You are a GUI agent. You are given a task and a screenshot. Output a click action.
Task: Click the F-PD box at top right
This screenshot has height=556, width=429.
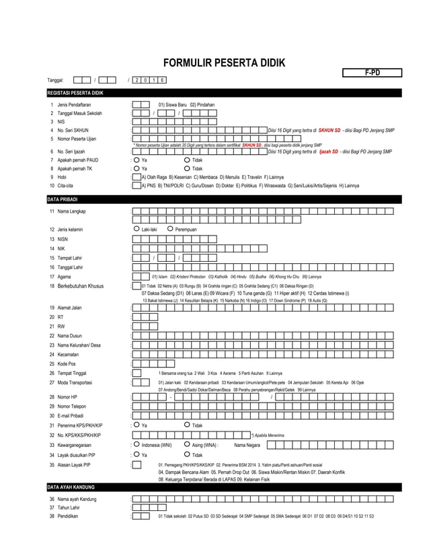[x=372, y=73]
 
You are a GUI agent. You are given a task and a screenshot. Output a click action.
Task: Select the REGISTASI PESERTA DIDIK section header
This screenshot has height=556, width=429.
[x=75, y=92]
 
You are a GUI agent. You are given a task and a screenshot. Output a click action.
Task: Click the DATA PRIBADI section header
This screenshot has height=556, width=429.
[x=63, y=200]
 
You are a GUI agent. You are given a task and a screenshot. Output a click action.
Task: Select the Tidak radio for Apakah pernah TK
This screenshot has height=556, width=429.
[x=187, y=168]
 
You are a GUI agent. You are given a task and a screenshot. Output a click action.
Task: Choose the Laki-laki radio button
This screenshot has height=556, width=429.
[x=136, y=230]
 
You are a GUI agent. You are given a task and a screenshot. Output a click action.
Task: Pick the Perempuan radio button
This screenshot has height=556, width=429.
[x=170, y=230]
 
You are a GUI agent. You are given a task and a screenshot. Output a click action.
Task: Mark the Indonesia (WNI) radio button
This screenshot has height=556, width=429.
[x=136, y=444]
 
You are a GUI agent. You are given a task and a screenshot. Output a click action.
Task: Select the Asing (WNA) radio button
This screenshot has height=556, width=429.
[x=187, y=444]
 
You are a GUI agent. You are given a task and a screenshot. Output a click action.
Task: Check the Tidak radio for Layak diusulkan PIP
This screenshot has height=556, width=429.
[x=187, y=454]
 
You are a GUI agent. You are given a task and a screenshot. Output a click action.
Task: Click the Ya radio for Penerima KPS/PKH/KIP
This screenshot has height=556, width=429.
[x=136, y=425]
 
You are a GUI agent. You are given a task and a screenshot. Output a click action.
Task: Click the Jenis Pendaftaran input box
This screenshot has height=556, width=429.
[x=141, y=105]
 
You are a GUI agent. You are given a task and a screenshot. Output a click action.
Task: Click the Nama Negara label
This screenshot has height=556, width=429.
[x=247, y=445]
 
